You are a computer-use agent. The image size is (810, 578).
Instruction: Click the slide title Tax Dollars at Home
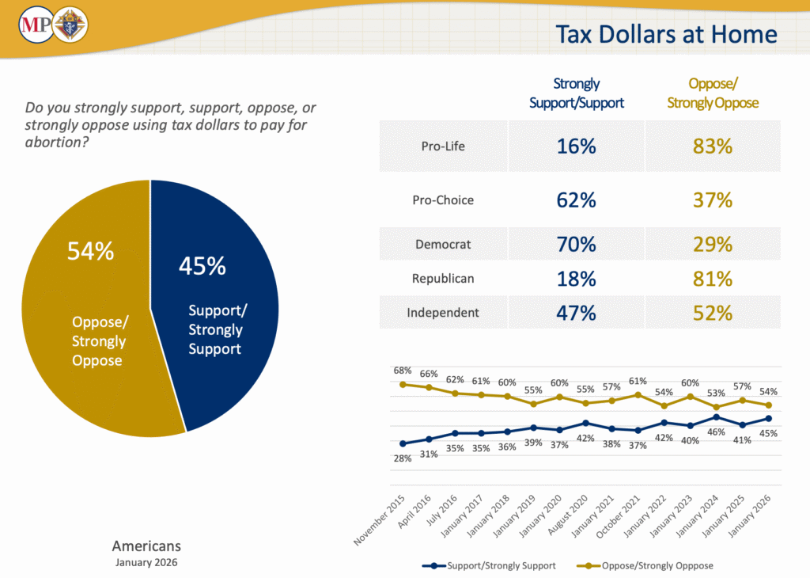point(666,34)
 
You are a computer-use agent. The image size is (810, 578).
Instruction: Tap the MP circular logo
point(35,26)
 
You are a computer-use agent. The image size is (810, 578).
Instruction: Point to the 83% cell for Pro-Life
point(713,146)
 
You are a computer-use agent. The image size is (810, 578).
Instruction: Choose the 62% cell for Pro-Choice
point(577,200)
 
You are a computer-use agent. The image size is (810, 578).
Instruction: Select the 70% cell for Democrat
point(577,244)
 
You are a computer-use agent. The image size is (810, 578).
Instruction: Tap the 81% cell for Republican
point(713,279)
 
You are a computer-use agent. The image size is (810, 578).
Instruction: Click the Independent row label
point(443,313)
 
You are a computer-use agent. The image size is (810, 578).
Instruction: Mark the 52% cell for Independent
point(713,313)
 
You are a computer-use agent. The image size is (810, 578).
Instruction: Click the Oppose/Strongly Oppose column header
point(713,93)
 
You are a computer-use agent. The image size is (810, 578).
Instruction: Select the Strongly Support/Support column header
point(577,93)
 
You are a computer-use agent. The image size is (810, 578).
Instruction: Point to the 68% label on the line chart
point(403,370)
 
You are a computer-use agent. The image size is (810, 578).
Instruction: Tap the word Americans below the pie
point(146,546)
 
